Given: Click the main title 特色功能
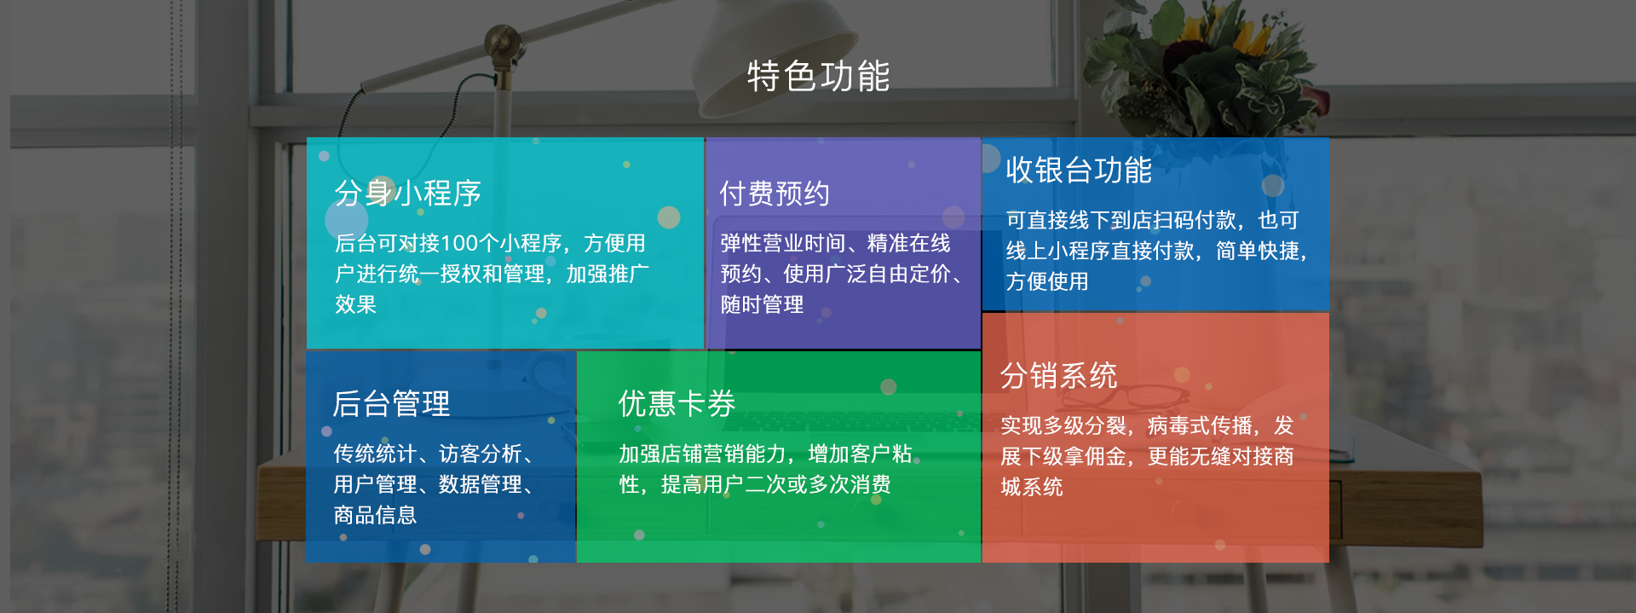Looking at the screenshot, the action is click(818, 77).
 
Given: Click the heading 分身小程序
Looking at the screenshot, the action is click(408, 194).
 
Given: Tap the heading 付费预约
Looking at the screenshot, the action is click(775, 194).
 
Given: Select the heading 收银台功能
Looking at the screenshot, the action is click(1079, 170).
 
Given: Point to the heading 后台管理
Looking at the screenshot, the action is click(391, 403).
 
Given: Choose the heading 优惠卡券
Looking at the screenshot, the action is click(677, 403).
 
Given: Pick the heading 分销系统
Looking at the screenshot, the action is click(1058, 375).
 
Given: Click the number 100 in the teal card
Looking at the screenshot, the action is click(460, 244).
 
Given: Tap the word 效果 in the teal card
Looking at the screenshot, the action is click(355, 304).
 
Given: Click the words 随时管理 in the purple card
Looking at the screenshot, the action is click(762, 304).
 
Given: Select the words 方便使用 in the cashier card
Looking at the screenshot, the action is click(1047, 281).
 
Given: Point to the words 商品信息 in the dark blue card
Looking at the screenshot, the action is click(375, 515).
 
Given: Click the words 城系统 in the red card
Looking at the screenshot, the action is click(1032, 487).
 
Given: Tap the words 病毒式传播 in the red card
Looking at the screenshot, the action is click(1200, 425).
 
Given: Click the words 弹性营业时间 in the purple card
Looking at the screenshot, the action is click(783, 244).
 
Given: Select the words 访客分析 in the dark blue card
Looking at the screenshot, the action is click(481, 454).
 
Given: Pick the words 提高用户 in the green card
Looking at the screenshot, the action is click(702, 484).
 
